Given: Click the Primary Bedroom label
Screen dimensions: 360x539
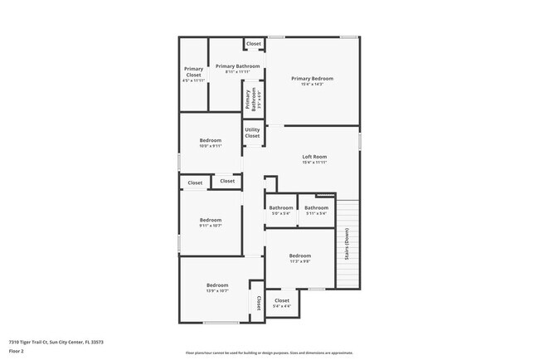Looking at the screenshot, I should (x=313, y=79).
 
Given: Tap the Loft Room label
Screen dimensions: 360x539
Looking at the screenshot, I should (x=314, y=157).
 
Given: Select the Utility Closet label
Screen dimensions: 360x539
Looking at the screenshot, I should (x=253, y=133).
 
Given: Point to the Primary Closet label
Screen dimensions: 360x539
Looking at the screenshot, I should (x=193, y=71).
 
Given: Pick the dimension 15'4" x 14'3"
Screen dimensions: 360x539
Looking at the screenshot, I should (x=313, y=85).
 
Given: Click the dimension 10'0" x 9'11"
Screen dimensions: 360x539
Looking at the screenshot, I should (x=211, y=146).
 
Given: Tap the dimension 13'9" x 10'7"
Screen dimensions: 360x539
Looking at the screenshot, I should (x=217, y=291).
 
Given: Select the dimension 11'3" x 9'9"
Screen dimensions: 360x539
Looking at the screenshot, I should (x=300, y=261).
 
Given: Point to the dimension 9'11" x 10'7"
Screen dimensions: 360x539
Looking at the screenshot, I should (x=211, y=226).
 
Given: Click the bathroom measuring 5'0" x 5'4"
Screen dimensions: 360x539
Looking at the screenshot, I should (x=281, y=207).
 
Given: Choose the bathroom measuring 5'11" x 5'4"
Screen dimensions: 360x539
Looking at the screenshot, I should (x=316, y=207).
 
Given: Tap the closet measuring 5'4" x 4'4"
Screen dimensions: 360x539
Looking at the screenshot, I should (x=282, y=300).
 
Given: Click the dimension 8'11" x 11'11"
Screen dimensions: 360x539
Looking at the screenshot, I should (x=237, y=71).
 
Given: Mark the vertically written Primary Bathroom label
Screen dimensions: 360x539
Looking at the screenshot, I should (x=247, y=100).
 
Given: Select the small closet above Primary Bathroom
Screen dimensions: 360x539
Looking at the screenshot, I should (x=253, y=44).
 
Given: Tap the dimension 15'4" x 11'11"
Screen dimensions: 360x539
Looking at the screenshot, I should (x=314, y=163).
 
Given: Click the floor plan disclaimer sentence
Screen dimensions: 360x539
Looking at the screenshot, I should (x=269, y=352).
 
